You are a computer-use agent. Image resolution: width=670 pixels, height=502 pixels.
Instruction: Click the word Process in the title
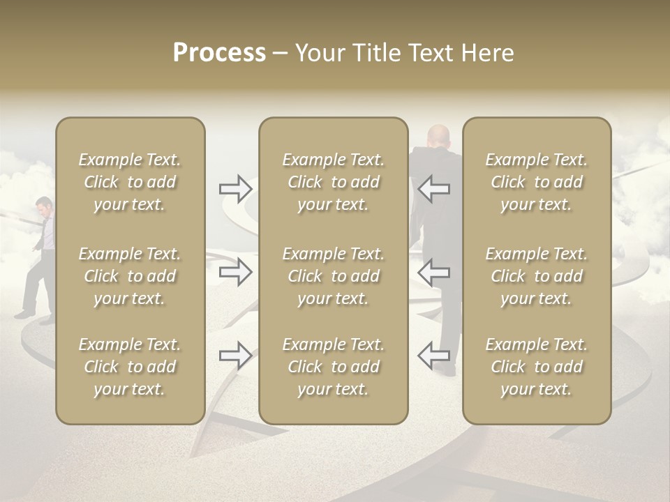coord(219,53)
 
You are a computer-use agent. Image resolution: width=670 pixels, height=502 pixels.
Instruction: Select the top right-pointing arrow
coord(235,188)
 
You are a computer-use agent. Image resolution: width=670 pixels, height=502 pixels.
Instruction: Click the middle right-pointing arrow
coord(235,272)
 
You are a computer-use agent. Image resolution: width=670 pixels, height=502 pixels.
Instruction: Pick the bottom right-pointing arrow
coord(235,356)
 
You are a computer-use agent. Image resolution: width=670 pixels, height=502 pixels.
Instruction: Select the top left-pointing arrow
coord(433,188)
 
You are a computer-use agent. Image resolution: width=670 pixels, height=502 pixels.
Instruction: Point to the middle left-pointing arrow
coord(433,272)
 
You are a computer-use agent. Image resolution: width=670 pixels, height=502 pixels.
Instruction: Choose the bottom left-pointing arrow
coord(433,356)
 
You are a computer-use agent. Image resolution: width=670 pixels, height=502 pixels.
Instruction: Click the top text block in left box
coord(130,182)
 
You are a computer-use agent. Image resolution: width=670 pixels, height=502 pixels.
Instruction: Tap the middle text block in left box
coord(130,276)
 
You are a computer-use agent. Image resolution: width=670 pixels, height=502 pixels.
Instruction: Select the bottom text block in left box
coord(130,367)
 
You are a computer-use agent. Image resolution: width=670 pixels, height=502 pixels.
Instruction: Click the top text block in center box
coord(334,182)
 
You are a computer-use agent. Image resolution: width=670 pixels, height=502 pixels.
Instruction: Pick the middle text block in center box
coord(334,276)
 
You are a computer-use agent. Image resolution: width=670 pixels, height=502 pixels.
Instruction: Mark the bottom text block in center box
coord(334,367)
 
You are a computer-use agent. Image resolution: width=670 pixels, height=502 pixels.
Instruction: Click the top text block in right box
coord(537,182)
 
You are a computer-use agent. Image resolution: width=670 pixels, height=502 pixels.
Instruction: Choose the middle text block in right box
coord(537,276)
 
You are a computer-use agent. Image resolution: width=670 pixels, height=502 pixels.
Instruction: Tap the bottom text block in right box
coord(537,367)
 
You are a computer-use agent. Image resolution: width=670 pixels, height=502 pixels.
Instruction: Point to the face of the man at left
coord(44,207)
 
